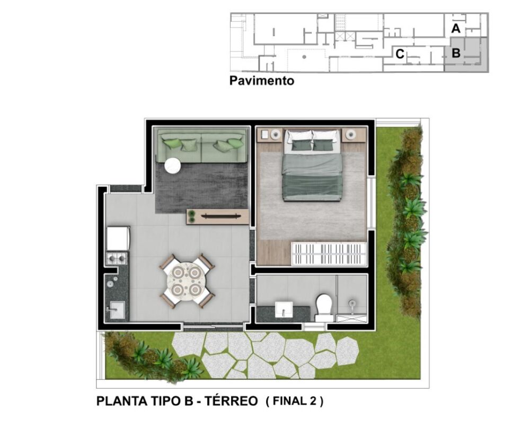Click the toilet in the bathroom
coord(323,306)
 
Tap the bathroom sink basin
coord(284,308)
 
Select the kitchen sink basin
coord(117,309)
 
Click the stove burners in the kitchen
coord(117,258)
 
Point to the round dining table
coord(188,281)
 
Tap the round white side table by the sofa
coord(172,166)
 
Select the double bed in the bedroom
coord(312,165)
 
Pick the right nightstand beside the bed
coord(354,135)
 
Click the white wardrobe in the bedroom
coord(329,254)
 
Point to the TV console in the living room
coord(218,216)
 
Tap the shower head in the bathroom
coord(352,304)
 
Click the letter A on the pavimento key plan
coord(455,29)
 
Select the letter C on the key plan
coord(400,54)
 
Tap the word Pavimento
coord(261,81)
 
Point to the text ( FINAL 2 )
coord(294,401)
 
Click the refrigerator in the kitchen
coord(117,238)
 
